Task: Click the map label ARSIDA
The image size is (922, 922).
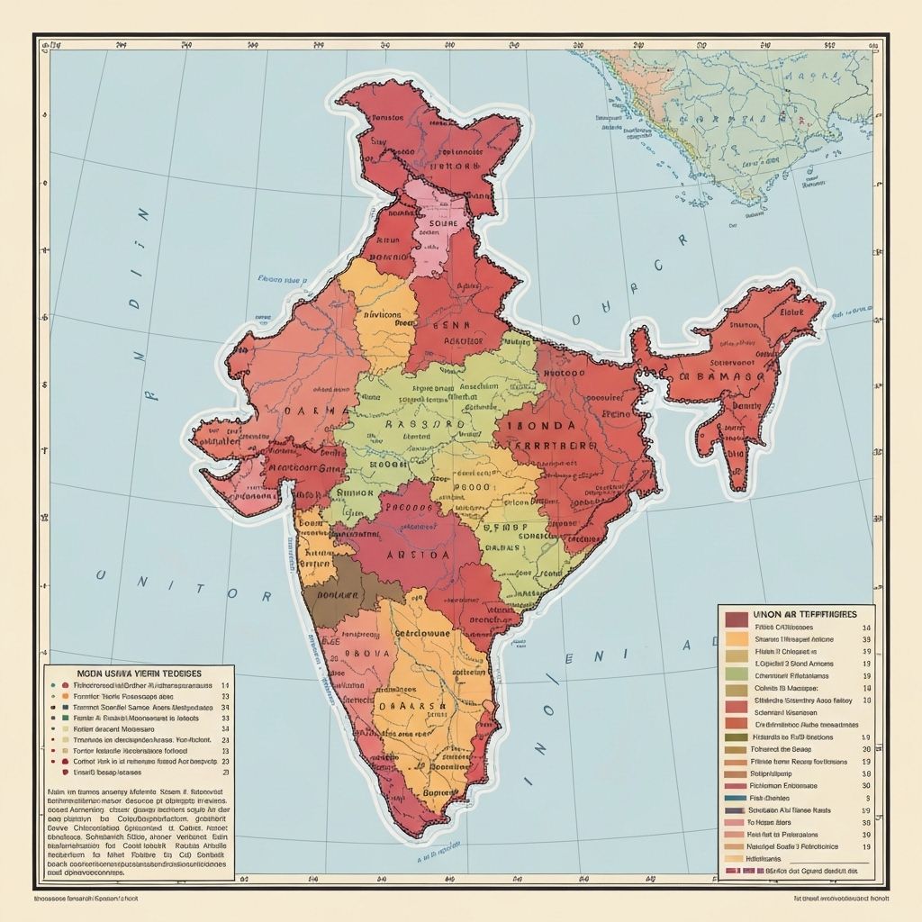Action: pyautogui.click(x=418, y=556)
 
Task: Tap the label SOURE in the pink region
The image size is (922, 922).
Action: pyautogui.click(x=443, y=222)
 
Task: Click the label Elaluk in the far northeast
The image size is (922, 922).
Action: pyautogui.click(x=791, y=312)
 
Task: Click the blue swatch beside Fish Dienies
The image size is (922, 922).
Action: pyautogui.click(x=735, y=798)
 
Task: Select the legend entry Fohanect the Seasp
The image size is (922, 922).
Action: pyautogui.click(x=785, y=749)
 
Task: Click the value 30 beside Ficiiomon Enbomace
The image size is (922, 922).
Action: pyautogui.click(x=866, y=785)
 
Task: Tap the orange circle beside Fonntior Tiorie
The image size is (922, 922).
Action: pyautogui.click(x=65, y=696)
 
